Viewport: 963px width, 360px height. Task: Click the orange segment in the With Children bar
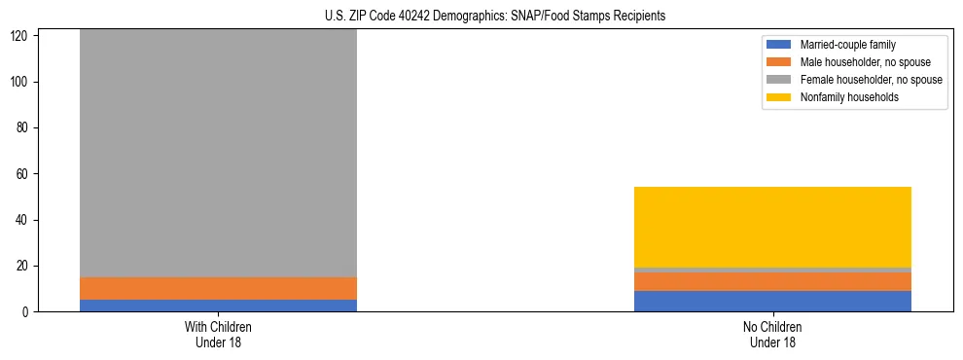coord(218,289)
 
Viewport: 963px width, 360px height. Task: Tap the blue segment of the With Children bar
coord(218,306)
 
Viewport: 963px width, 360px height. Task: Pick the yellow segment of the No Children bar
coord(772,227)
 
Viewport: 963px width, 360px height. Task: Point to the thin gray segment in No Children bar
coord(772,270)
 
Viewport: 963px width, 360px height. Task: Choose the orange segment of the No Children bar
coord(772,281)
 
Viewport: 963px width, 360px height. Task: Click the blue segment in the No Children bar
coord(772,301)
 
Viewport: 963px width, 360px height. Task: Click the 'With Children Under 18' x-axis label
coord(218,334)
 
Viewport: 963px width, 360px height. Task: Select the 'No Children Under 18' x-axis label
coord(772,334)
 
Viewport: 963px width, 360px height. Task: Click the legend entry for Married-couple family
coord(846,45)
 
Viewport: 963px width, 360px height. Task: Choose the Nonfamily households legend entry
coord(845,97)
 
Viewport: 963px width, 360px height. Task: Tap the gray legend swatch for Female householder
coord(779,80)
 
